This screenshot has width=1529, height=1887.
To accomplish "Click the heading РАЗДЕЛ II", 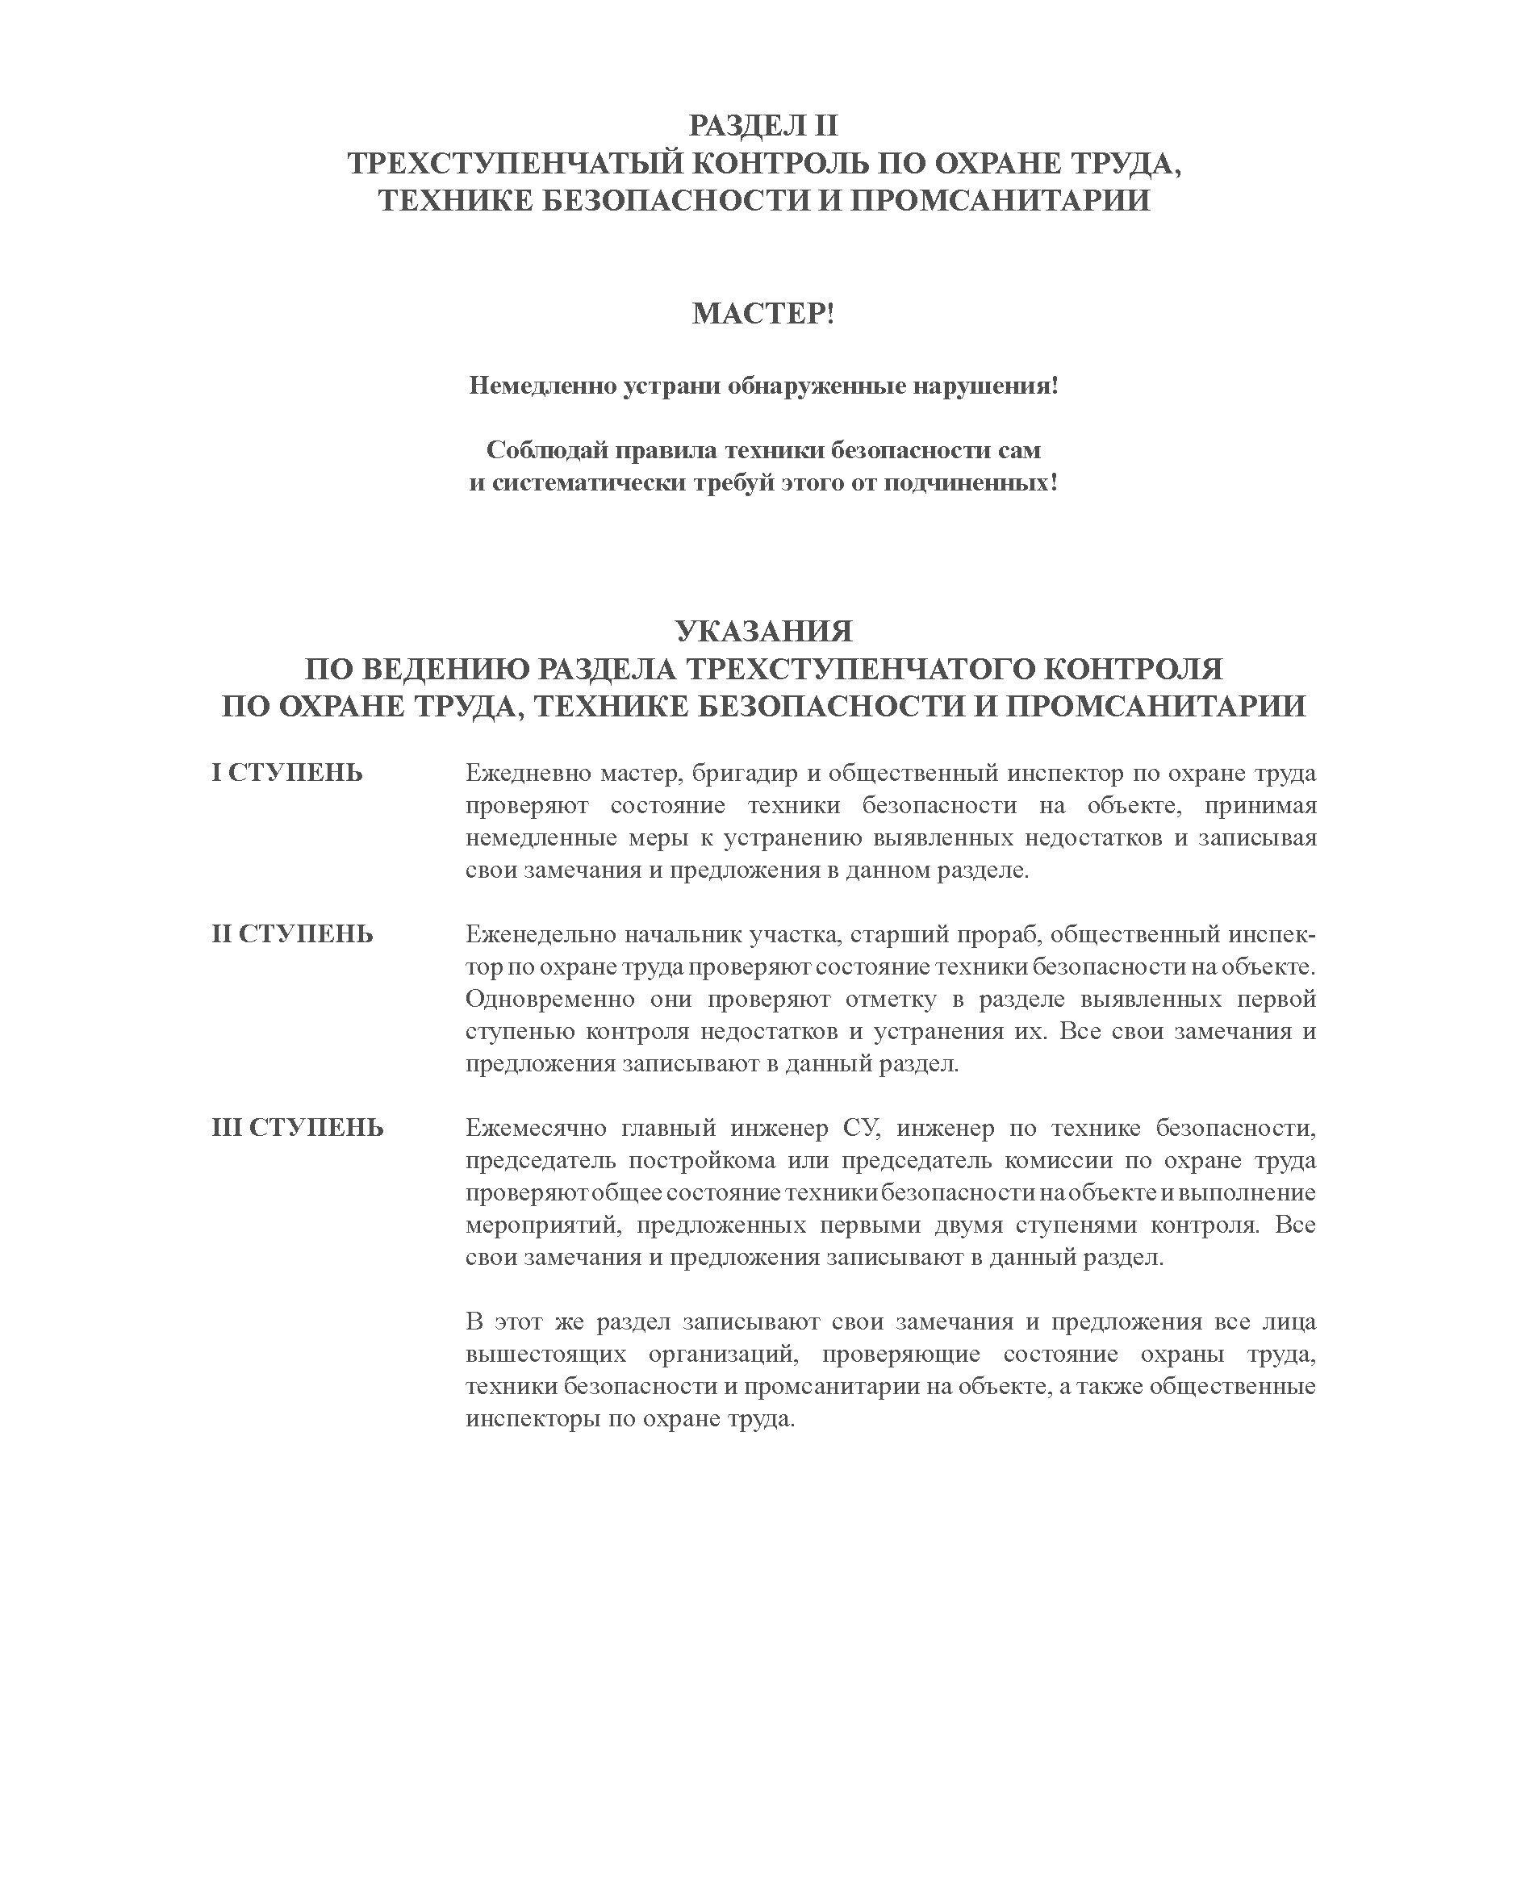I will [x=762, y=126].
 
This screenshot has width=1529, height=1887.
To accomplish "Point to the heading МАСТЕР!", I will [x=762, y=314].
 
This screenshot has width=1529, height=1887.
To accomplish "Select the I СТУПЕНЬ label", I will [x=287, y=773].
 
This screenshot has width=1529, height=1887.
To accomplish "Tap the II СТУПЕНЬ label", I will [x=292, y=933].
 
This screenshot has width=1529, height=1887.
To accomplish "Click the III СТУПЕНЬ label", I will [x=298, y=1128].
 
